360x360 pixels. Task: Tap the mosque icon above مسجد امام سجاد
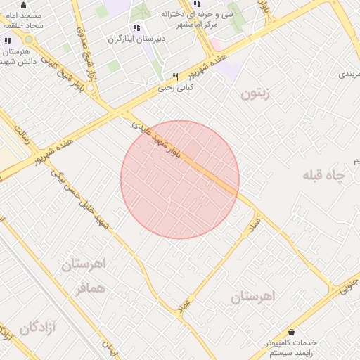pos(23,5)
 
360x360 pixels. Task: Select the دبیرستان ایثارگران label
pos(136,39)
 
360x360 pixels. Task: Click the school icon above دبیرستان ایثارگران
pos(136,27)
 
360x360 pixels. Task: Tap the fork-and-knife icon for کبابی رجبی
pos(176,77)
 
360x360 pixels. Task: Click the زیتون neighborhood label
pos(255,93)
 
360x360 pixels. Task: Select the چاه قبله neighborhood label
pos(326,175)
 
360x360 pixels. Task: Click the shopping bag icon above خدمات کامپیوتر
pos(291,332)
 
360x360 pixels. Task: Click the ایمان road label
pos(109,346)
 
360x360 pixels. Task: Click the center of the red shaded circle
pos(180,179)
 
